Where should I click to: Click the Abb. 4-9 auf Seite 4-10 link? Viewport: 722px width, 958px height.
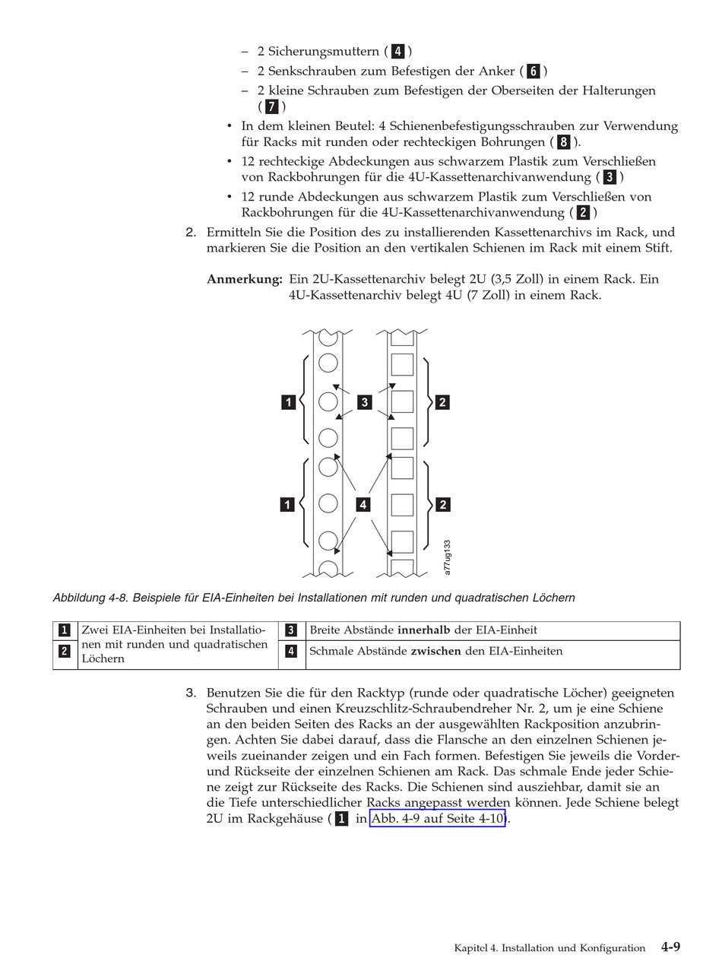point(437,819)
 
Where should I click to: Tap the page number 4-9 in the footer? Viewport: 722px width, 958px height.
point(670,947)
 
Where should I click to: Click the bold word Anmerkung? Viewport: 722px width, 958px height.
point(245,279)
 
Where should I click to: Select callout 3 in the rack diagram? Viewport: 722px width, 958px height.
point(365,401)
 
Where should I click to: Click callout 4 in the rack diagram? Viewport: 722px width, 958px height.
point(363,503)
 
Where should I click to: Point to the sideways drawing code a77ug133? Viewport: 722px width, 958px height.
point(448,558)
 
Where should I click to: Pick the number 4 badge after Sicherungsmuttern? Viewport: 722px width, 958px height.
point(398,52)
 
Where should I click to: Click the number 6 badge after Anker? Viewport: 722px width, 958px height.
point(534,71)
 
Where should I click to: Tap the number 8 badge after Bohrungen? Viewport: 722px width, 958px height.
point(563,142)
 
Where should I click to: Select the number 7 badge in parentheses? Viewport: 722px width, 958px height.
point(271,106)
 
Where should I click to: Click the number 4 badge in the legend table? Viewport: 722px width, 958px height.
point(291,651)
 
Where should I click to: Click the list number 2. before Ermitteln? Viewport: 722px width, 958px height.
point(192,232)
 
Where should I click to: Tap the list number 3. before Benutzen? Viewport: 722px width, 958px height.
point(192,693)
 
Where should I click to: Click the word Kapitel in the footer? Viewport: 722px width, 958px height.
point(473,948)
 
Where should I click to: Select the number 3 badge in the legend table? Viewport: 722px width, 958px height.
point(291,630)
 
